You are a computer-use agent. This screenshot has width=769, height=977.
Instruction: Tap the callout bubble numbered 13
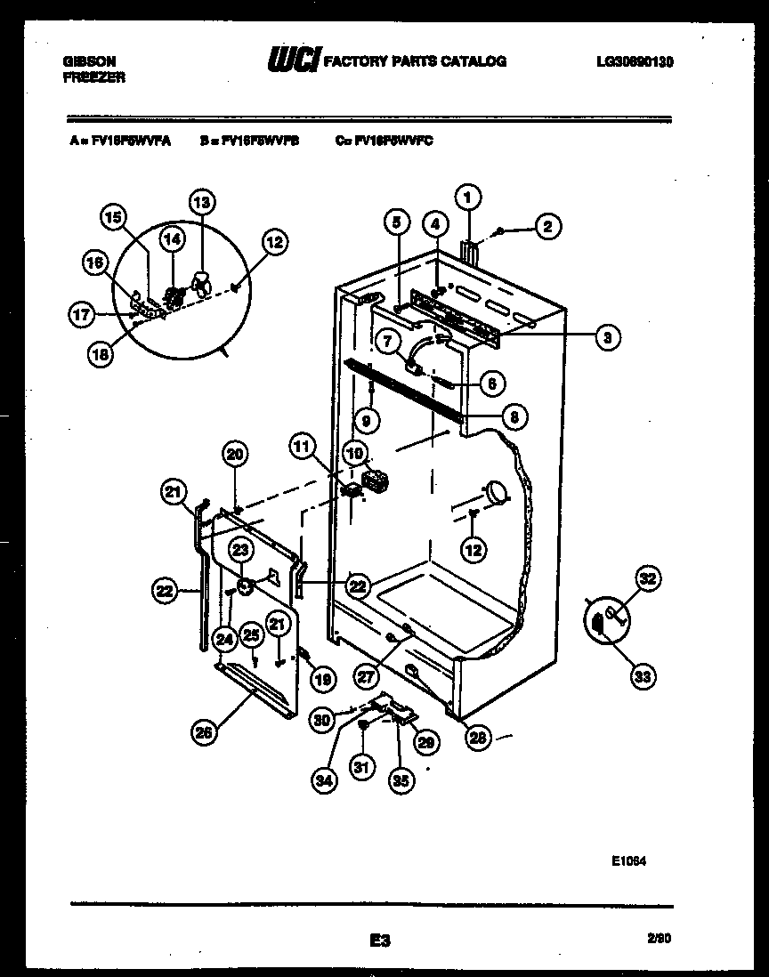[202, 203]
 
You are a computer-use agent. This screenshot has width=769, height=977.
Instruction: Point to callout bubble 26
[206, 732]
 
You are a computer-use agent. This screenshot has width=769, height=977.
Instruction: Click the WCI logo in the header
[293, 61]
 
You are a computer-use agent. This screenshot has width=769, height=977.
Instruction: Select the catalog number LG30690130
[635, 61]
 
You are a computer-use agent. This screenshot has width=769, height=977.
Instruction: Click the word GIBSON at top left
[90, 61]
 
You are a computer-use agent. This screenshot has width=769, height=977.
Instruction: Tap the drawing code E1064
[628, 861]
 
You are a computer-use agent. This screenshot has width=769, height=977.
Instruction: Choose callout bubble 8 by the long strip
[514, 415]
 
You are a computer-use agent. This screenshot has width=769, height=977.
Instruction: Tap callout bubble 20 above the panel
[234, 455]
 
